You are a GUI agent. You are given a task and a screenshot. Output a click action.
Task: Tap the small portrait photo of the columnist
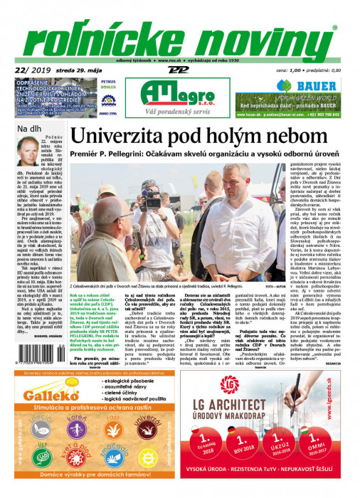click(x=23, y=149)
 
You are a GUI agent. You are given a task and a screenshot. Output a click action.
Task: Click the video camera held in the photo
click(x=153, y=200)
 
